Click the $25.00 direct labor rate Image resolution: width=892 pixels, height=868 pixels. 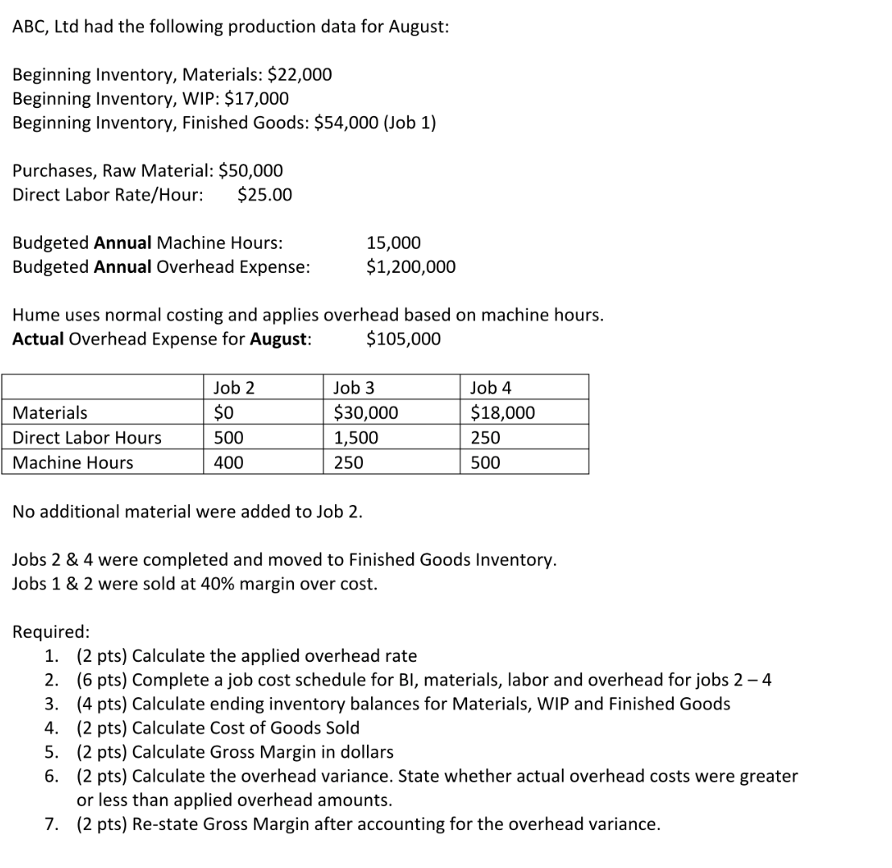[x=266, y=195]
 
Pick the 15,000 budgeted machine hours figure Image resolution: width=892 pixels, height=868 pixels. [x=393, y=242]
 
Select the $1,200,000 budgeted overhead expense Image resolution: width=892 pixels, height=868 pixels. [x=411, y=267]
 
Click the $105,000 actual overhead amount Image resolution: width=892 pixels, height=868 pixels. [x=403, y=339]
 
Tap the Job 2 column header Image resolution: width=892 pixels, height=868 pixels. [x=234, y=388]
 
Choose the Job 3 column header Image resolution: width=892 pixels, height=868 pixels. [x=354, y=388]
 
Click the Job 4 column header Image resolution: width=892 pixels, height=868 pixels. [x=491, y=388]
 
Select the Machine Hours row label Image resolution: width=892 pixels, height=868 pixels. [x=74, y=463]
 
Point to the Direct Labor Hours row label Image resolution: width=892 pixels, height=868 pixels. [x=88, y=438]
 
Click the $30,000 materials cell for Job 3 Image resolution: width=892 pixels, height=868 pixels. [x=366, y=413]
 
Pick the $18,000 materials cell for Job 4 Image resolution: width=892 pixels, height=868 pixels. [x=502, y=413]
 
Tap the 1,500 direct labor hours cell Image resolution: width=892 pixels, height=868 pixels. [x=355, y=438]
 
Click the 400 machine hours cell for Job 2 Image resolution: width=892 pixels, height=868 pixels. [x=229, y=463]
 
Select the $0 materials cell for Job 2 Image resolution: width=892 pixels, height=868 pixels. [x=224, y=413]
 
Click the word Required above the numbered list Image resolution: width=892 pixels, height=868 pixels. [x=51, y=631]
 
